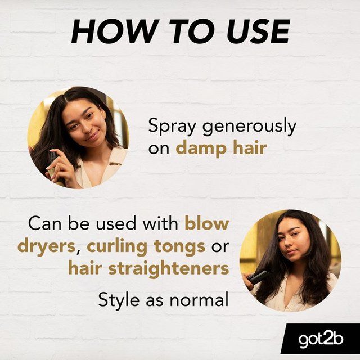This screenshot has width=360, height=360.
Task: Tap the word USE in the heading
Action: point(258,31)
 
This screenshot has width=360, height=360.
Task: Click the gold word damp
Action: point(201,148)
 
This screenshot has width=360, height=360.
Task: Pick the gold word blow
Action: point(207,223)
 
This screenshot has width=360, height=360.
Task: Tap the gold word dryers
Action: point(47,247)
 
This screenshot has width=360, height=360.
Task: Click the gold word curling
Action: point(117,247)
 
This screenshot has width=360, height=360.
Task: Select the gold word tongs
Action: point(180,247)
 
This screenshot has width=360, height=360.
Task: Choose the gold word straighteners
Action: point(169,268)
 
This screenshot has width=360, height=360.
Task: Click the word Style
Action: point(119,300)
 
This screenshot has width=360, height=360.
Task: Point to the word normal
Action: point(199,299)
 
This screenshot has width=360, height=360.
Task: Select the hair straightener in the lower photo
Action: point(258,277)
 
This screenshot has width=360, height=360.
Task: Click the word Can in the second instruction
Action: point(45,223)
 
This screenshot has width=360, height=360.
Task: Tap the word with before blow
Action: point(160,223)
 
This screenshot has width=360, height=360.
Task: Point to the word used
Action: point(116,223)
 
